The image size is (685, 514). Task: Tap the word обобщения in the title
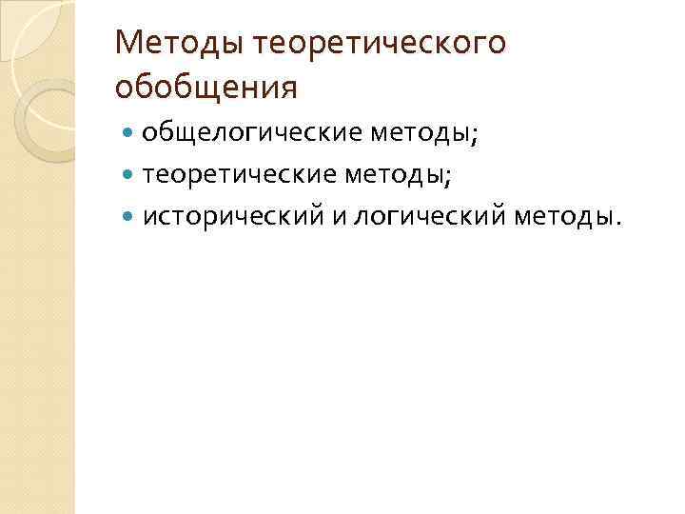(205, 88)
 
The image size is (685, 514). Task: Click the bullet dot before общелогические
(129, 134)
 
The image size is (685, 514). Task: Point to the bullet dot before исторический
(129, 218)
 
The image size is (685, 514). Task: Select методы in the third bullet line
(565, 218)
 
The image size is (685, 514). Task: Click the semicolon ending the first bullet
(474, 137)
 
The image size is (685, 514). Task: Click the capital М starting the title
(127, 44)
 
